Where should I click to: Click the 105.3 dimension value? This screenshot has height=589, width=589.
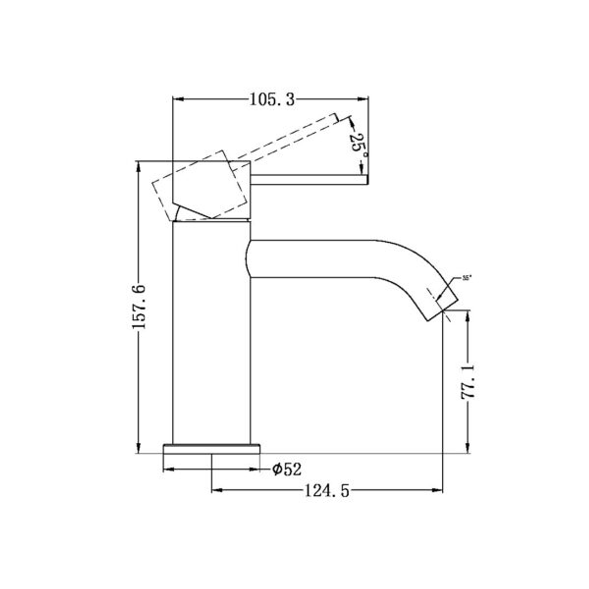(x=272, y=99)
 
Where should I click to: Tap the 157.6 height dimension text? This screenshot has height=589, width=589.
(x=139, y=305)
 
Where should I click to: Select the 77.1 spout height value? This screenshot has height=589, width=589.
(x=468, y=382)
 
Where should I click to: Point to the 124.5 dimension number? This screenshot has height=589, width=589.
(x=326, y=491)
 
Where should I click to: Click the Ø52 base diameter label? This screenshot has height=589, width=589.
(x=287, y=468)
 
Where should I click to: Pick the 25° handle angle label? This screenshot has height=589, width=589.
(x=358, y=145)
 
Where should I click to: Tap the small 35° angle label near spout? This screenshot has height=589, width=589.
(x=466, y=278)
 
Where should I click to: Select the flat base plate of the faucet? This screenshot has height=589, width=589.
(x=212, y=449)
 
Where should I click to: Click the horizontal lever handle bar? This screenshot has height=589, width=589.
(x=309, y=179)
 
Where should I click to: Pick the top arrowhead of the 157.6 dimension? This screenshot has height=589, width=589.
(x=139, y=165)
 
